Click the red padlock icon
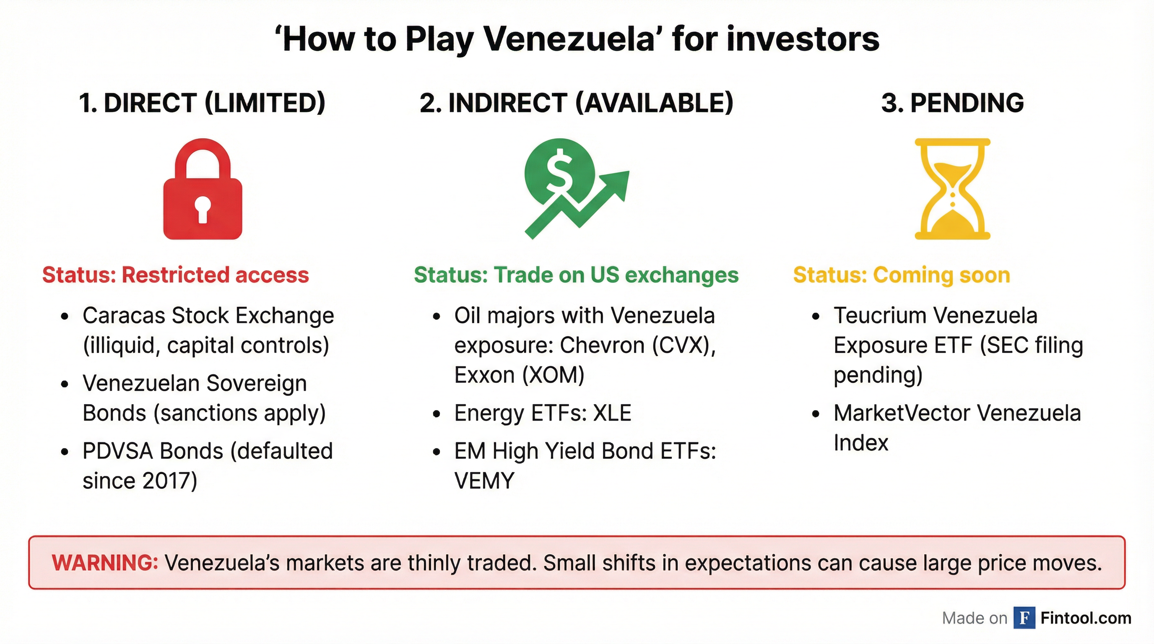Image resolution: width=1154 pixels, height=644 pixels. click(203, 189)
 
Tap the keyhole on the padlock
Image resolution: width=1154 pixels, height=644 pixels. click(203, 209)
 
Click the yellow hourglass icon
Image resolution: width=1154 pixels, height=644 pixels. click(952, 189)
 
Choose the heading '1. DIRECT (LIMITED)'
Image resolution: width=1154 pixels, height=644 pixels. click(202, 103)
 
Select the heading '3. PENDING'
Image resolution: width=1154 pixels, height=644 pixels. click(952, 103)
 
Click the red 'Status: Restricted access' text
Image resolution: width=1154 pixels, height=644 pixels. click(176, 275)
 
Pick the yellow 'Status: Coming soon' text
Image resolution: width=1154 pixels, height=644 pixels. click(902, 275)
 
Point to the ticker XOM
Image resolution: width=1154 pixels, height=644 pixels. click(553, 375)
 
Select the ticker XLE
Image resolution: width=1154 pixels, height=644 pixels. click(612, 413)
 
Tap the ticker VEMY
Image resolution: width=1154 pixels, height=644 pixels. click(484, 481)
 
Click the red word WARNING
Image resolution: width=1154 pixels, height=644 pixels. click(105, 563)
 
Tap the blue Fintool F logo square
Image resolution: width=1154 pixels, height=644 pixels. click(1024, 618)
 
